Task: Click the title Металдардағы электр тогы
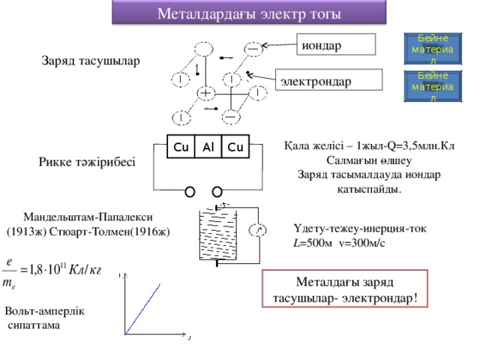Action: click(248, 13)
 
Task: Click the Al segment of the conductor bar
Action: click(208, 145)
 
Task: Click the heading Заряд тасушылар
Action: click(90, 60)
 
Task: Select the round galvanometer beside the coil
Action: click(258, 229)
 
